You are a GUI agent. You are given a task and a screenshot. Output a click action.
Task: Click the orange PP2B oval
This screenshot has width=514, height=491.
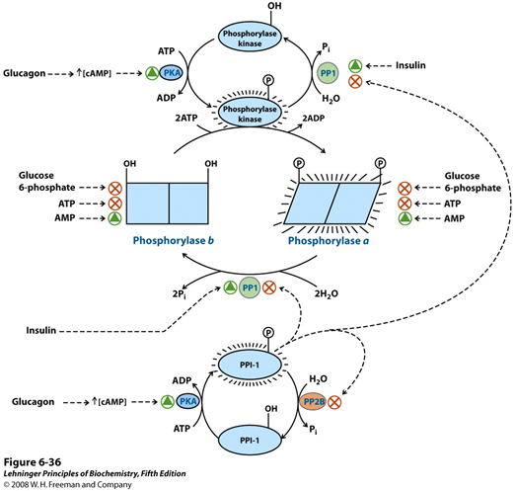(x=313, y=401)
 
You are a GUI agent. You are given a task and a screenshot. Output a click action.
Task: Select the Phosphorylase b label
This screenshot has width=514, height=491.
(x=174, y=241)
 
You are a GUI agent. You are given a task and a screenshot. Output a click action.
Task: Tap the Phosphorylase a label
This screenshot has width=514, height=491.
(x=329, y=241)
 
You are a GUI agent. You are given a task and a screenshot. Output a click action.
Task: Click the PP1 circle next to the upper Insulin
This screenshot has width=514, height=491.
(x=328, y=73)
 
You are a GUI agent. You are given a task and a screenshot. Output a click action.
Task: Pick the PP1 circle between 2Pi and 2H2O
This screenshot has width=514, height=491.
(x=250, y=287)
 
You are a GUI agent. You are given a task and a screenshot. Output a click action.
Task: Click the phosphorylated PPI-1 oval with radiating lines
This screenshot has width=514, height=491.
(x=250, y=365)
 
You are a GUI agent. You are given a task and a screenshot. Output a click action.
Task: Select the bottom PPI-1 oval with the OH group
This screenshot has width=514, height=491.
(x=250, y=441)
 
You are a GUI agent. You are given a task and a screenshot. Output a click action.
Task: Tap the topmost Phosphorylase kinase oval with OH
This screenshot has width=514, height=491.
(x=250, y=39)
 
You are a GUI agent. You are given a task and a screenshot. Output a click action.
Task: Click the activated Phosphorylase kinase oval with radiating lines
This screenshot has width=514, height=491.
(x=250, y=114)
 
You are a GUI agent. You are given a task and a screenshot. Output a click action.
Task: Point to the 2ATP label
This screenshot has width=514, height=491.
(x=186, y=118)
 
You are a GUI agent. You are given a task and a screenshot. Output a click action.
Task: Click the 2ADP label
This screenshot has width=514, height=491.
(x=314, y=118)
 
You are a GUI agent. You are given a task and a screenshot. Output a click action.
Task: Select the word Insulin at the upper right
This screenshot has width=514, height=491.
(x=410, y=65)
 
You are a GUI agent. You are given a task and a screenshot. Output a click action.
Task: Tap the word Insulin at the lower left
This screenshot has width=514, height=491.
(x=41, y=330)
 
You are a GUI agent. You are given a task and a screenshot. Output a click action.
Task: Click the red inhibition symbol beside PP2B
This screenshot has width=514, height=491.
(x=334, y=402)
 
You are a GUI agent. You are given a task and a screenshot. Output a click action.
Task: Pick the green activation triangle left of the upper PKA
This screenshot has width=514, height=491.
(x=152, y=73)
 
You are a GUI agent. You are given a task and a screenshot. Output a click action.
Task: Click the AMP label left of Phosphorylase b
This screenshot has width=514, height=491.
(x=65, y=217)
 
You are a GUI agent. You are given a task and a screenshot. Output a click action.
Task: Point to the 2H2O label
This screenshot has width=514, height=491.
(x=326, y=293)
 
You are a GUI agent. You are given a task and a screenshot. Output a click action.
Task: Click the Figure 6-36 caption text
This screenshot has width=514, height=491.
(x=33, y=462)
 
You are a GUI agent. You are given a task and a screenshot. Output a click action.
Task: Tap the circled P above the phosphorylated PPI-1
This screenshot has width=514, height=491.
(x=268, y=333)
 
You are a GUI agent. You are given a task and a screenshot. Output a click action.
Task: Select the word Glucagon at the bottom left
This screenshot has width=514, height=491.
(x=33, y=402)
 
